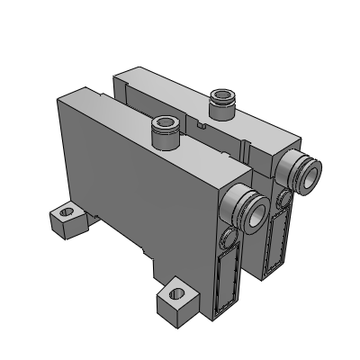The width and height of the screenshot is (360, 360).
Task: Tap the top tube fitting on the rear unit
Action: point(218,104)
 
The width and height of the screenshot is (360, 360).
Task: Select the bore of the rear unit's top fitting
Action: point(218,94)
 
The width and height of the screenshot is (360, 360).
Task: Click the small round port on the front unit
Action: point(227,238)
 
